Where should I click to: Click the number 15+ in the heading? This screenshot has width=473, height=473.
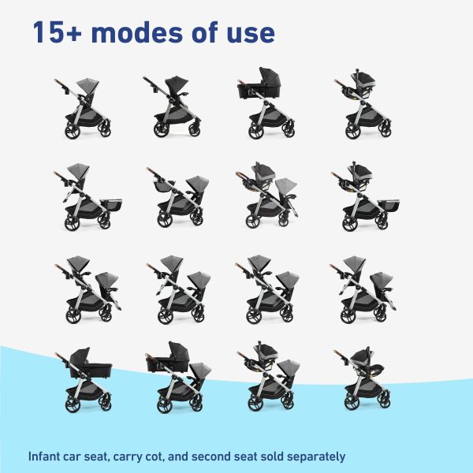(58, 32)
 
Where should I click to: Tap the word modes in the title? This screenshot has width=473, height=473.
(136, 32)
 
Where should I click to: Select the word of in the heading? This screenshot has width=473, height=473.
(205, 32)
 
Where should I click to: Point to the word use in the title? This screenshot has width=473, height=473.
(251, 35)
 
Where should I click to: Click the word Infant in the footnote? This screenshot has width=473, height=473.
(44, 456)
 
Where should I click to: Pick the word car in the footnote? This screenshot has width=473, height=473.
(72, 457)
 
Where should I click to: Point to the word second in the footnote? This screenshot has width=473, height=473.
(211, 456)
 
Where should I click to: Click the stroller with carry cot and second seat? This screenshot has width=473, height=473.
(178, 377)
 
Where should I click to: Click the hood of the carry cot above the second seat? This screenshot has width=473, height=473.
(179, 350)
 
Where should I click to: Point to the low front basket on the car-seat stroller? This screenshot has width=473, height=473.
(389, 205)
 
